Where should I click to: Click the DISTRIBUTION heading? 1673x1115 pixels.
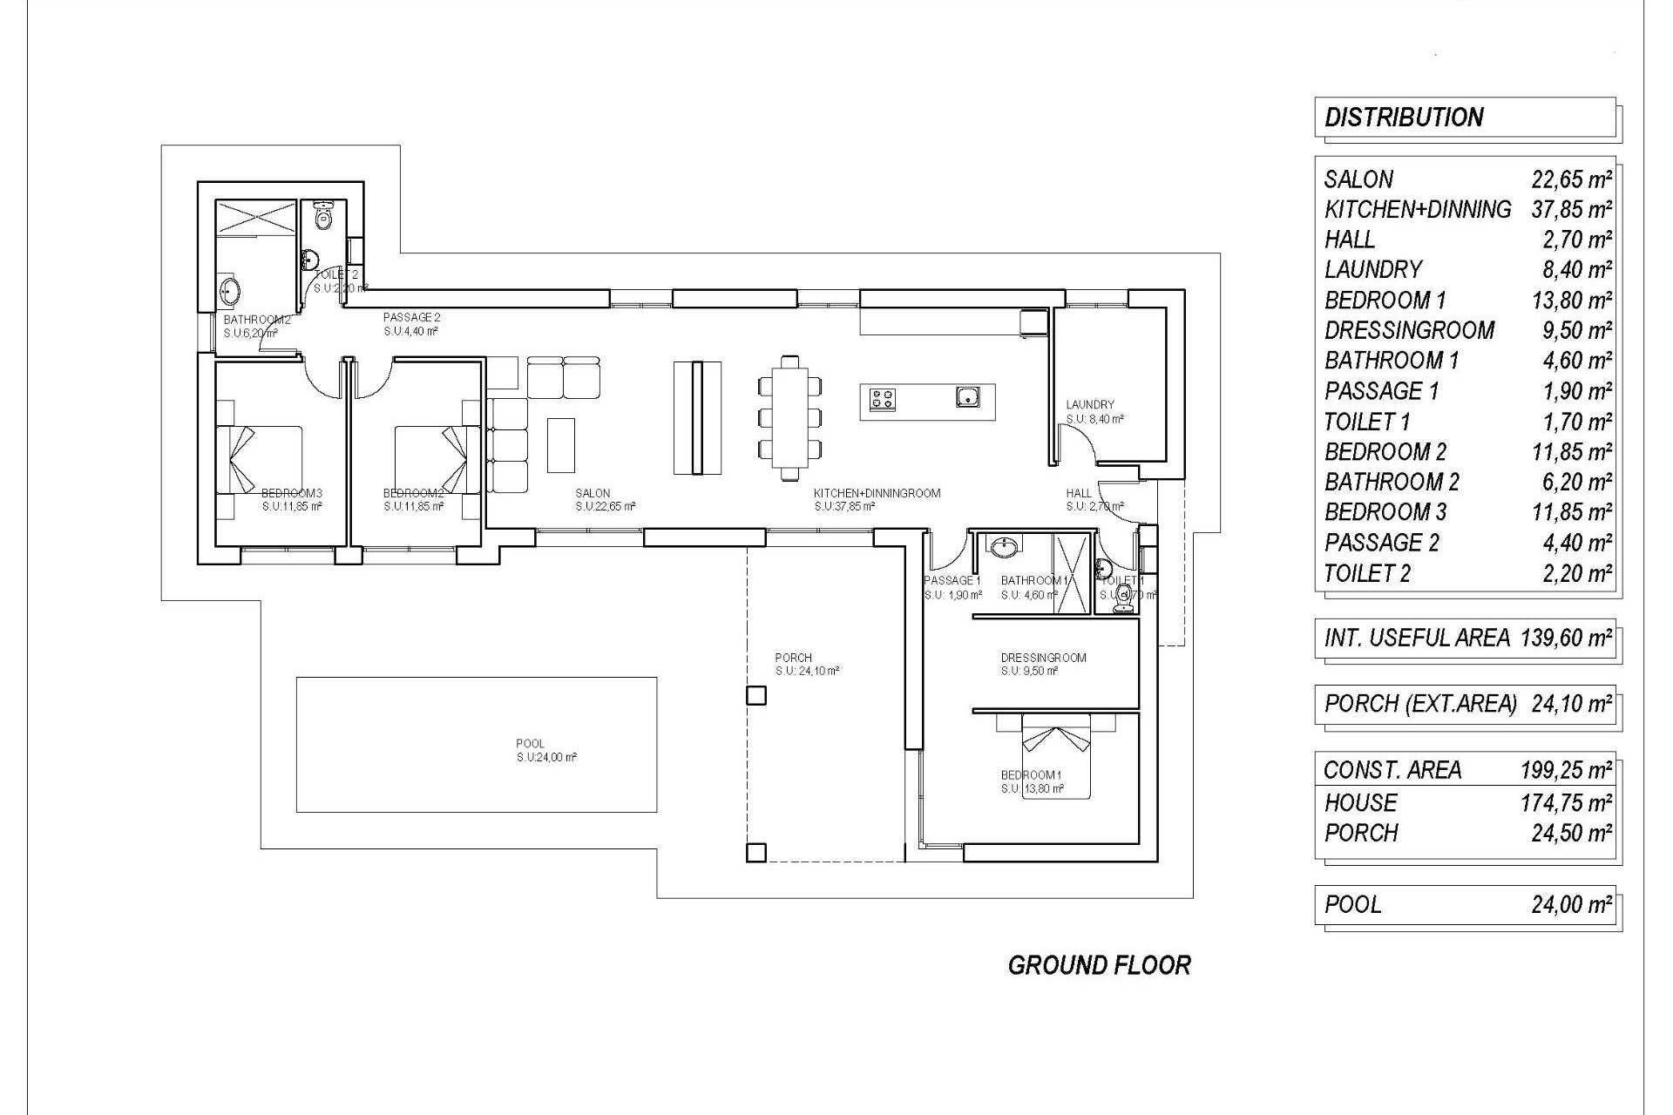pos(1403,118)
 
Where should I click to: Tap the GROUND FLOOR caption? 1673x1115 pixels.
pos(1099,965)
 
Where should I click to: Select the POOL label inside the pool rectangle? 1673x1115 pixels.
pos(530,744)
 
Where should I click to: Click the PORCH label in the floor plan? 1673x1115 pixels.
pos(793,658)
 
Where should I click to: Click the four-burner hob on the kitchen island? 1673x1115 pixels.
pos(882,400)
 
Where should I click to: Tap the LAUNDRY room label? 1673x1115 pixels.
pos(1089,405)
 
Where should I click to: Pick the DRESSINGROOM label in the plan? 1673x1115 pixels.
pos(1043,658)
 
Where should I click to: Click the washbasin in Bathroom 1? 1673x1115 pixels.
pos(1005,547)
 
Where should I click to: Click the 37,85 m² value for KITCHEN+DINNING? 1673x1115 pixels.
pos(1571,210)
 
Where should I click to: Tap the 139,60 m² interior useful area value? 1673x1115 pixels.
pos(1566,639)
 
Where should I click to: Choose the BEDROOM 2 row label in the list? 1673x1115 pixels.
pos(1385,452)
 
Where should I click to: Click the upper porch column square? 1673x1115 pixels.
pos(756,695)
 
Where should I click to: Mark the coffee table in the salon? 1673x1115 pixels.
pos(561,443)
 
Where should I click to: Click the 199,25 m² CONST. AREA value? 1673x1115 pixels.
pos(1566,770)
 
